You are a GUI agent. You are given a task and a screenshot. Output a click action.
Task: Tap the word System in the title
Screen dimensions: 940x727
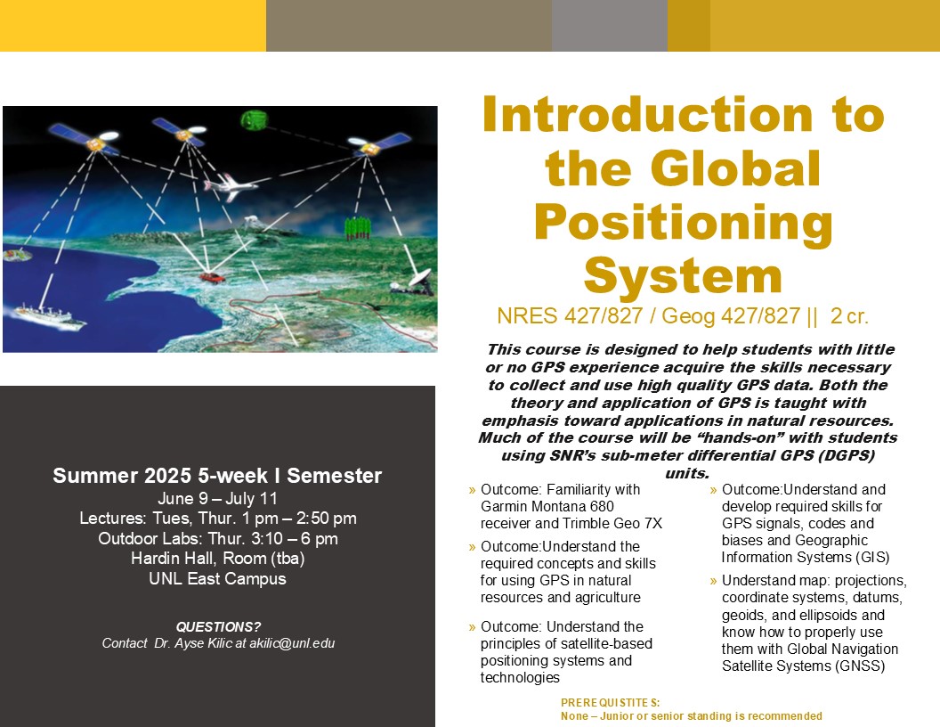pyautogui.click(x=684, y=275)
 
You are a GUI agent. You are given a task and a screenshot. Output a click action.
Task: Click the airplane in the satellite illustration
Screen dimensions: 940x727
pyautogui.click(x=230, y=186)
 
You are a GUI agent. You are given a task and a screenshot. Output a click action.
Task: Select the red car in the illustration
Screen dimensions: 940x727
pyautogui.click(x=212, y=277)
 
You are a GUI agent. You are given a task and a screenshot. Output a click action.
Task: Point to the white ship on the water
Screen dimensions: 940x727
pyautogui.click(x=49, y=315)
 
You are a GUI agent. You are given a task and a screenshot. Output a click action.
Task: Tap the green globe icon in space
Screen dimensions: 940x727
pyautogui.click(x=254, y=120)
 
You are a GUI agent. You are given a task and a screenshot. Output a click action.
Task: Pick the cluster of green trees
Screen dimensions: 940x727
pyautogui.click(x=357, y=228)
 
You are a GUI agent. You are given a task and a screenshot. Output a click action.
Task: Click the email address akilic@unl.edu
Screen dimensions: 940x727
pyautogui.click(x=292, y=643)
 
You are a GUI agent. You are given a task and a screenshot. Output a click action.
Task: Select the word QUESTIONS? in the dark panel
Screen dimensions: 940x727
pyautogui.click(x=218, y=627)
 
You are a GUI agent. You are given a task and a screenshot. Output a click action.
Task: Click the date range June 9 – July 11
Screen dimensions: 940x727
pyautogui.click(x=217, y=498)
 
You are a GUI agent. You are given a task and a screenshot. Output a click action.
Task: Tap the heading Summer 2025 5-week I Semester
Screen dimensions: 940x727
pyautogui.click(x=217, y=476)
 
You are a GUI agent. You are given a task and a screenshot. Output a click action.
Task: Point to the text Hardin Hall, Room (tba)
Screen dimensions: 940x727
pyautogui.click(x=217, y=559)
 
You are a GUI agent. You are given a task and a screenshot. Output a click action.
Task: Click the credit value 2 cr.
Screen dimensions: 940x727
pyautogui.click(x=849, y=316)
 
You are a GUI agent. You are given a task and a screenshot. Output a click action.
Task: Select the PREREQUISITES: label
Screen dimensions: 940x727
pyautogui.click(x=611, y=702)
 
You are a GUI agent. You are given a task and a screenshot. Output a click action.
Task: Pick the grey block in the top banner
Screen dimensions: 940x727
pyautogui.click(x=610, y=26)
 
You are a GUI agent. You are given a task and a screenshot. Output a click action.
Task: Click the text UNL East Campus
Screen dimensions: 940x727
pyautogui.click(x=217, y=579)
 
